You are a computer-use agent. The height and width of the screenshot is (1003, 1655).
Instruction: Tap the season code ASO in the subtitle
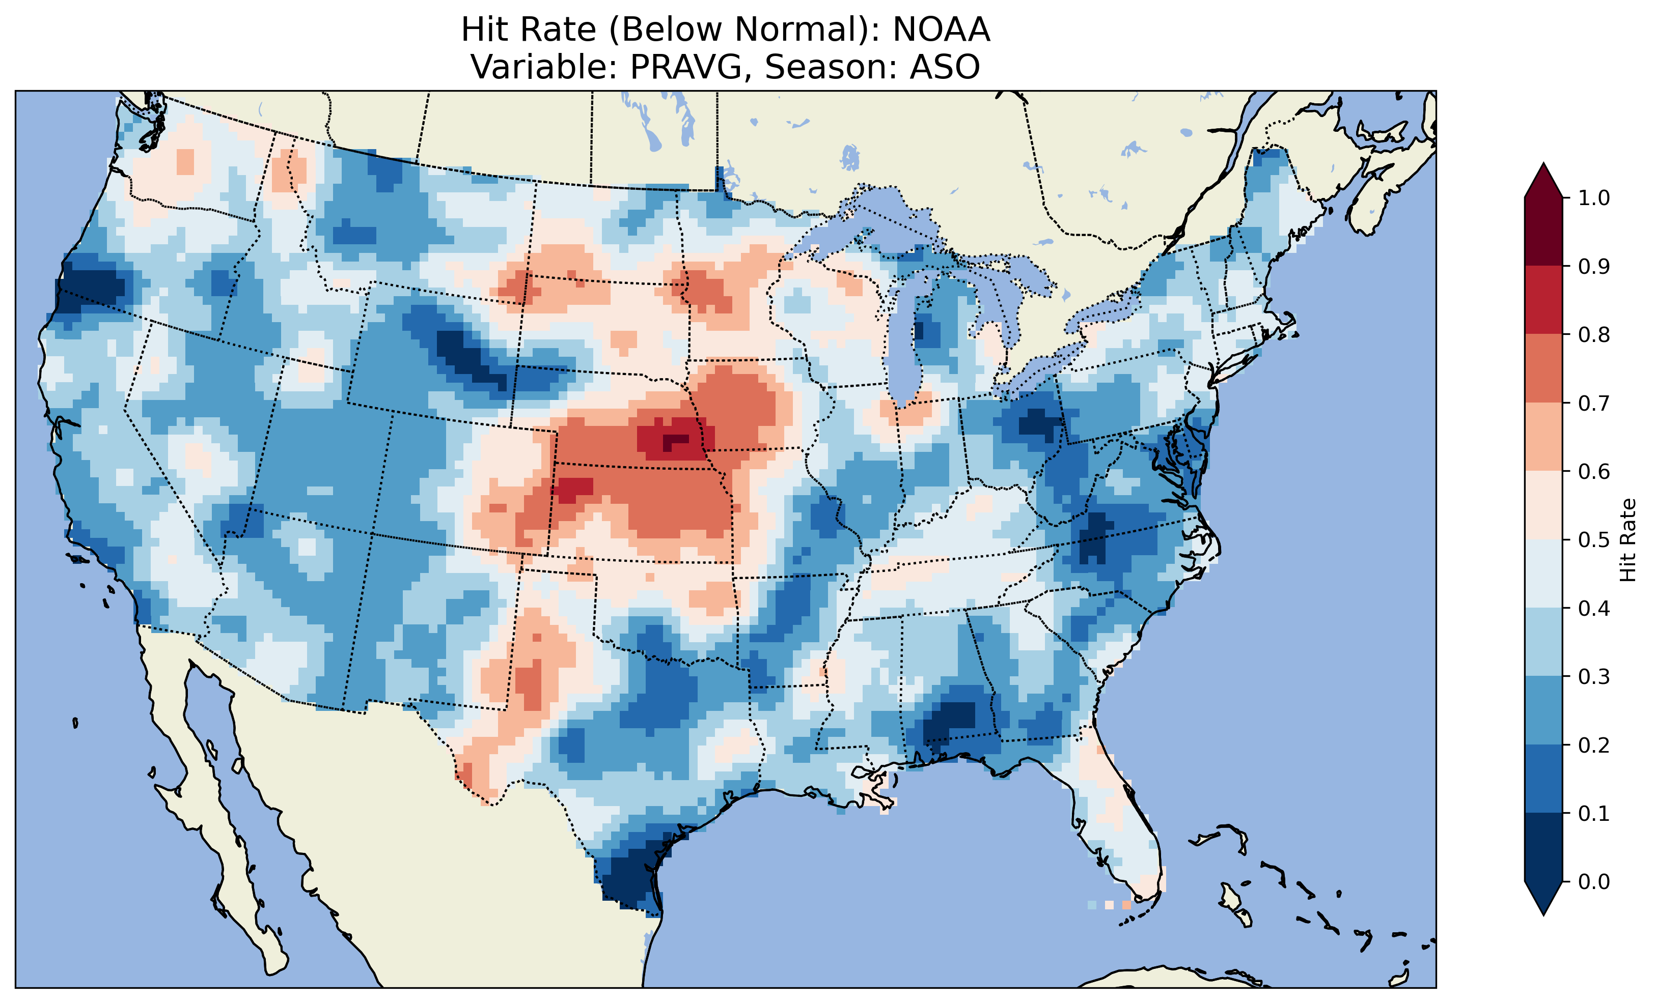(x=945, y=67)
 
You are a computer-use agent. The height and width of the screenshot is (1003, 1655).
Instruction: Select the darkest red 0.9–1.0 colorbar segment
(x=1543, y=232)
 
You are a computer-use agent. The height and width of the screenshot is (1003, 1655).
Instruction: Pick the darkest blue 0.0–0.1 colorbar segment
(x=1543, y=847)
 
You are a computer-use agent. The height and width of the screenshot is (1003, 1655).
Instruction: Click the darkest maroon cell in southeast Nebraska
(x=675, y=442)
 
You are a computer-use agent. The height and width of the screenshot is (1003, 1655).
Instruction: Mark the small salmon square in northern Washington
(x=185, y=161)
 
